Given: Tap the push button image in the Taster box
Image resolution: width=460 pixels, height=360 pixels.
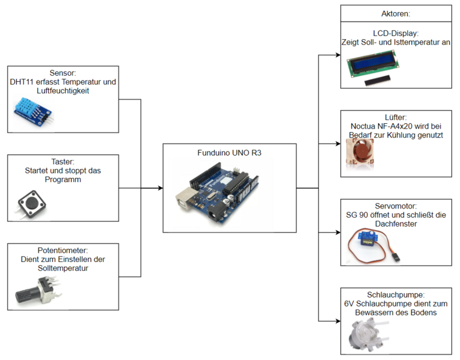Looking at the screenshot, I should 28,204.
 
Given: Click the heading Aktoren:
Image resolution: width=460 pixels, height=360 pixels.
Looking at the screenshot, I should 396,13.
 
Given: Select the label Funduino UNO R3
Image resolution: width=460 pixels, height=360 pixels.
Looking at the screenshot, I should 230,153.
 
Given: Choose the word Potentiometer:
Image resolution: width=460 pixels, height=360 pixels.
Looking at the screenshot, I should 63,250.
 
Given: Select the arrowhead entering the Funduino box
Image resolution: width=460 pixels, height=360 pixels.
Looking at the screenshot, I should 159,188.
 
